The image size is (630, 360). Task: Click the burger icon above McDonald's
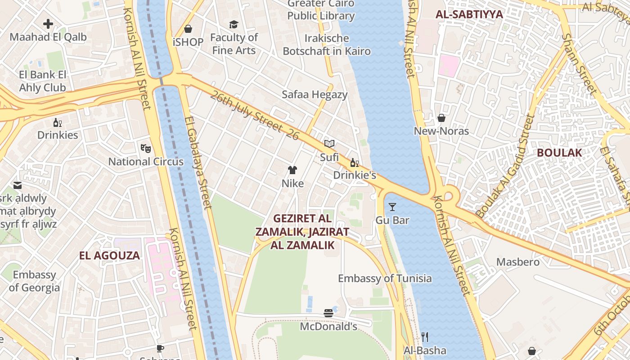click(328, 313)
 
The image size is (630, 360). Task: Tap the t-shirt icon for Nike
click(292, 170)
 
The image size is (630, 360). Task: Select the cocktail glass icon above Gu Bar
click(392, 207)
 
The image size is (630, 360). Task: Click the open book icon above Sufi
click(329, 144)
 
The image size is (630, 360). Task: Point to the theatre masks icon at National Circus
click(145, 148)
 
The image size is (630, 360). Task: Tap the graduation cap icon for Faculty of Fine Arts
click(234, 24)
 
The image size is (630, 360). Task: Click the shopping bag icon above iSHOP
click(188, 29)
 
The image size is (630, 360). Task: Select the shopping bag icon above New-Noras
click(441, 118)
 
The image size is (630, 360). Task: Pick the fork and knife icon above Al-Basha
click(424, 337)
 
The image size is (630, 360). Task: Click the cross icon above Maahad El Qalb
click(48, 24)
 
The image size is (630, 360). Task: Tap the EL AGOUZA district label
click(109, 256)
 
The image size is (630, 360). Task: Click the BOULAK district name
click(559, 153)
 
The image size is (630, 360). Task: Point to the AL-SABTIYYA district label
click(469, 14)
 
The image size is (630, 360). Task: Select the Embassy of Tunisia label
click(385, 278)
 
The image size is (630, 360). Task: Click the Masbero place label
click(517, 262)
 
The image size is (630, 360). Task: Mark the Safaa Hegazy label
click(315, 94)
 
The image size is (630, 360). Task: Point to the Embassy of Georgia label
click(34, 281)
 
